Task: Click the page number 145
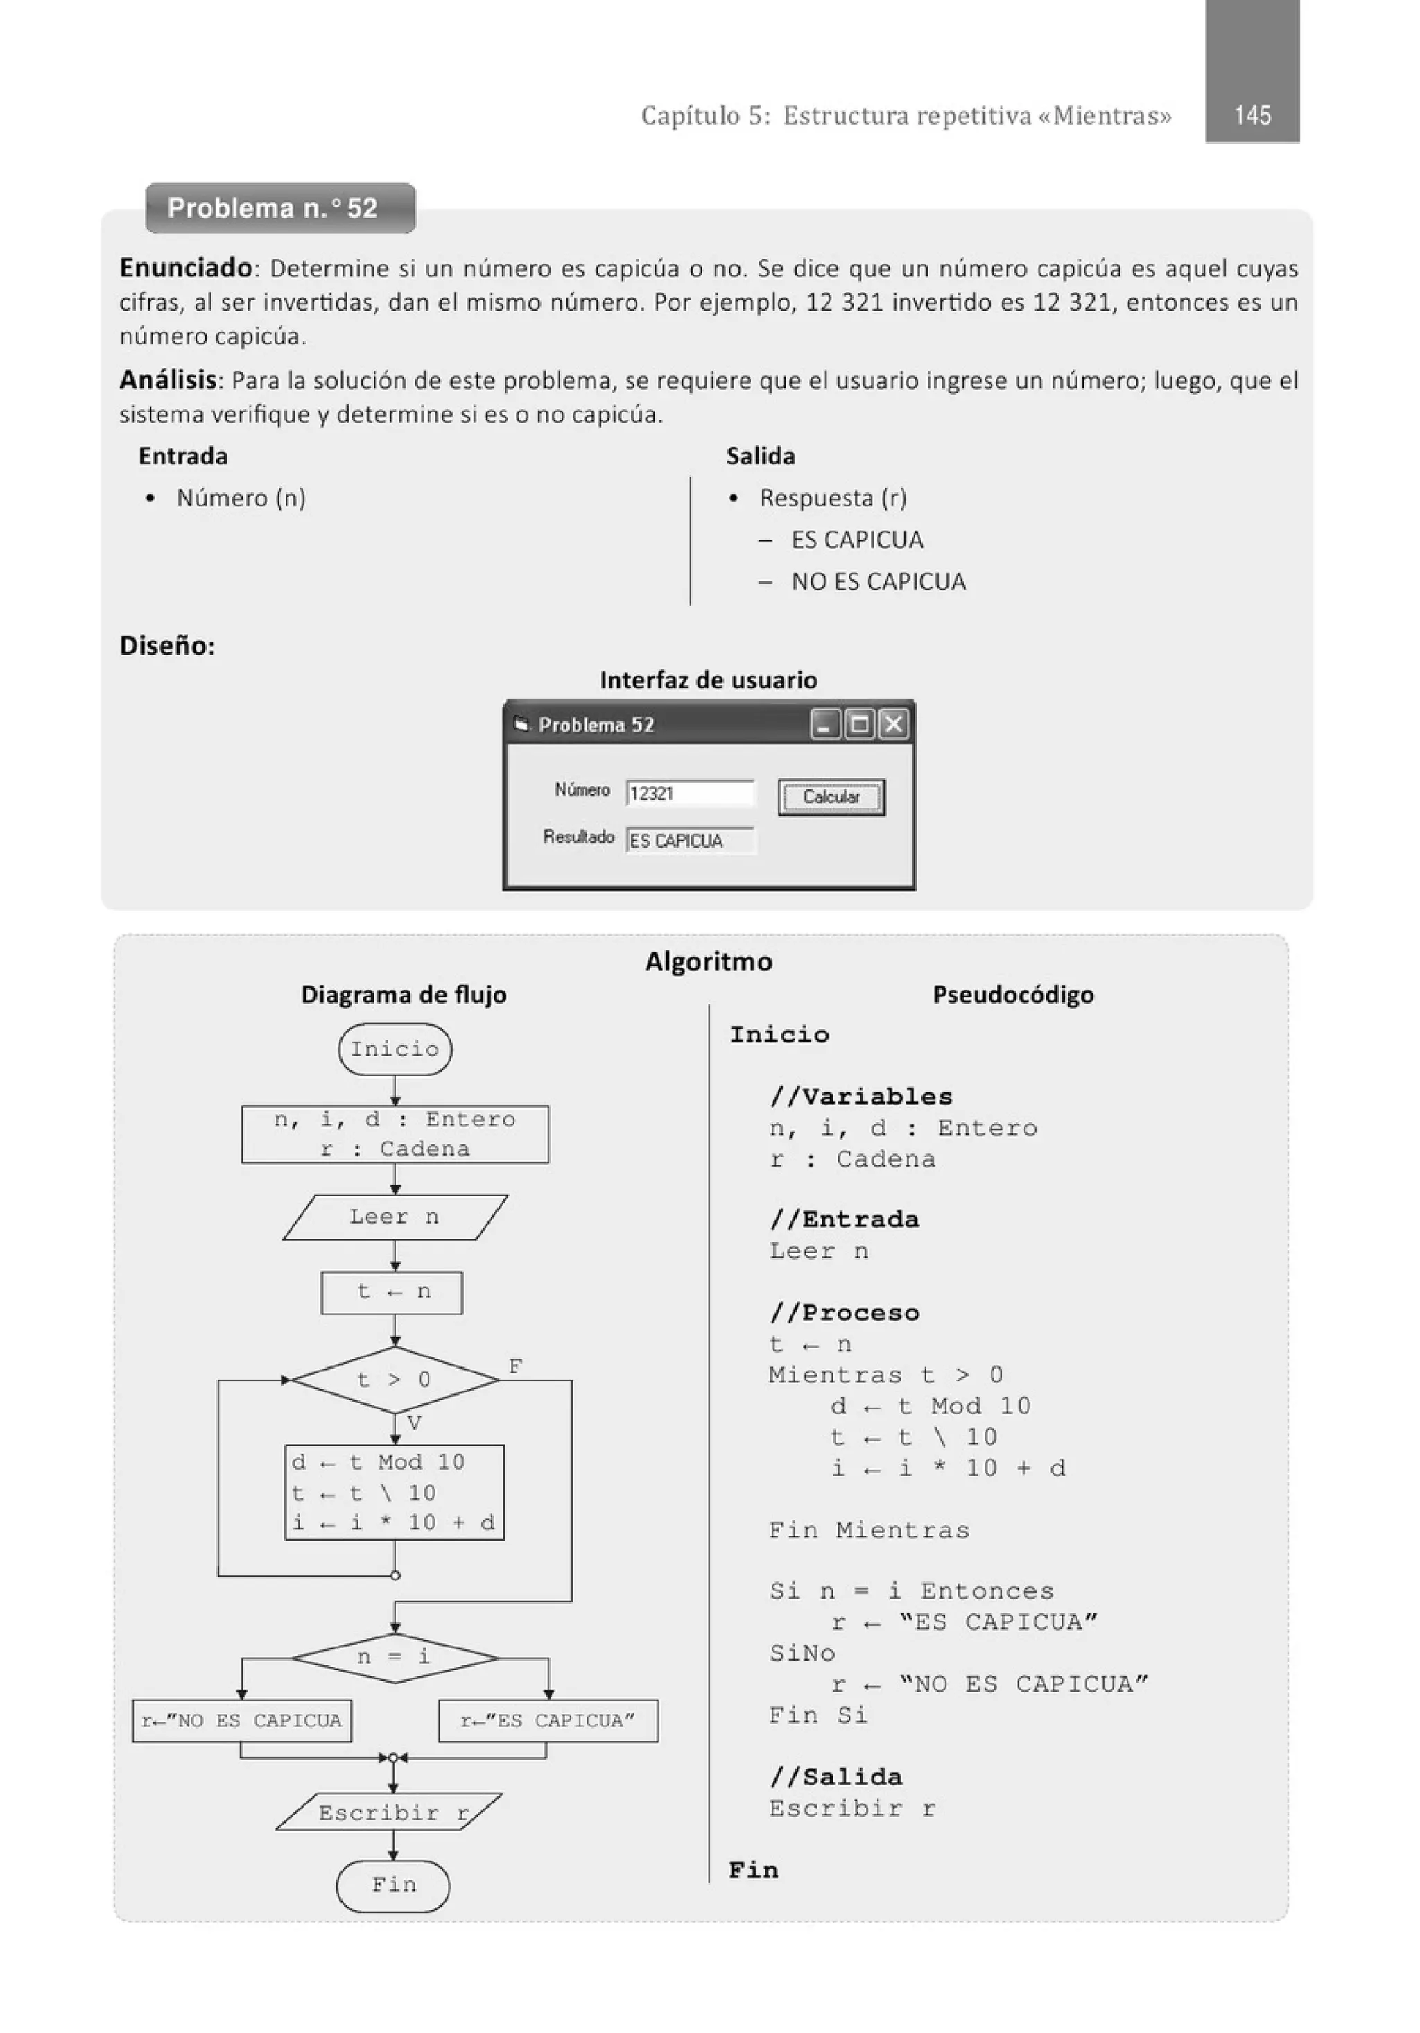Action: click(x=1252, y=115)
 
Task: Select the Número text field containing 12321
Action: click(x=690, y=794)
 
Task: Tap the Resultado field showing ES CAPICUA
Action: click(x=690, y=840)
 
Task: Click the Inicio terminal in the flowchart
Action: click(x=395, y=1049)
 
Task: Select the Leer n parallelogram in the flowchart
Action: click(x=395, y=1217)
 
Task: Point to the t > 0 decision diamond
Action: click(x=395, y=1380)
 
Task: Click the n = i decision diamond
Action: click(x=395, y=1656)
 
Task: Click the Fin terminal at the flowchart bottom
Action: click(x=393, y=1885)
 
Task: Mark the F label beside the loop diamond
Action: click(x=515, y=1366)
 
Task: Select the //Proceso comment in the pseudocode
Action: click(x=845, y=1312)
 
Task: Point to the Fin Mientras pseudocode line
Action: click(x=869, y=1529)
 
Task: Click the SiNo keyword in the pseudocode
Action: click(x=802, y=1653)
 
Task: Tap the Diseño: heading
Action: click(x=167, y=646)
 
